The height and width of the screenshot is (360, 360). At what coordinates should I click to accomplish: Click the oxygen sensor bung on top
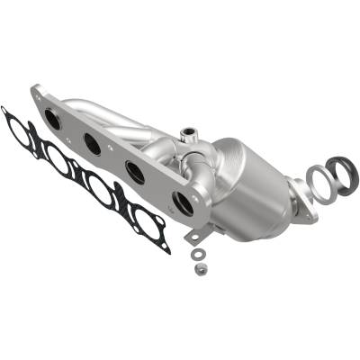coord(189,136)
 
